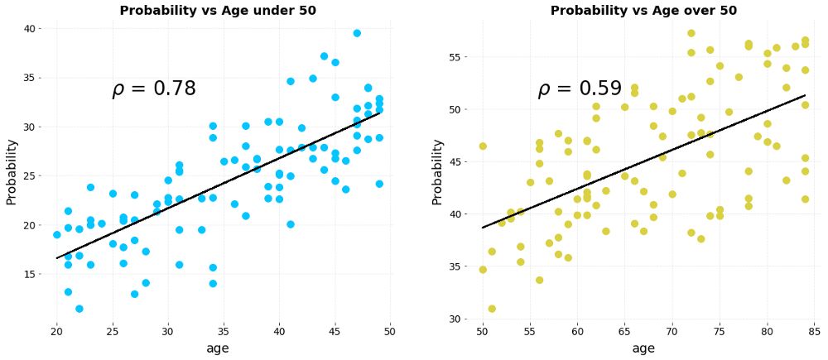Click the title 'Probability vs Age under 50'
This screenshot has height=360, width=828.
tap(219, 11)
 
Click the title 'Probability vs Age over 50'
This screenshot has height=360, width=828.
tap(643, 11)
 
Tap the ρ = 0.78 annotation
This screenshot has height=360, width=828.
tap(154, 89)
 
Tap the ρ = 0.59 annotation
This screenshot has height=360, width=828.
tap(580, 89)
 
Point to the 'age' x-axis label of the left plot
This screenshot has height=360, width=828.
tap(217, 348)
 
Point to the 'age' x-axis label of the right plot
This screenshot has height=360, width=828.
tap(643, 348)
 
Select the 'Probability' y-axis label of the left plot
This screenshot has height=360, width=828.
tap(12, 172)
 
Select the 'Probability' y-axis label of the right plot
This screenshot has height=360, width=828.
tap(437, 172)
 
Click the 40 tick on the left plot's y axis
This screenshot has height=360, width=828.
tap(29, 29)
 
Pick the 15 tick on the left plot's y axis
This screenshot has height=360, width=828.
tap(29, 274)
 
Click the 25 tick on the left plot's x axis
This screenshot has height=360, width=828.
tap(113, 331)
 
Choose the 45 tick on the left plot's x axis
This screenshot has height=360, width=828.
tap(335, 331)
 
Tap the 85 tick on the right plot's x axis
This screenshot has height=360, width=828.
tap(815, 331)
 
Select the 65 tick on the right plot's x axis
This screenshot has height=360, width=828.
tap(625, 331)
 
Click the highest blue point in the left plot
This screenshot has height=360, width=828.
tap(357, 33)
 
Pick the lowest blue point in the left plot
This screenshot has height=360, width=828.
tap(79, 309)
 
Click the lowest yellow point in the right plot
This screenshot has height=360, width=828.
tap(492, 309)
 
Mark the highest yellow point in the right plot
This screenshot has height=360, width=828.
tap(691, 33)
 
